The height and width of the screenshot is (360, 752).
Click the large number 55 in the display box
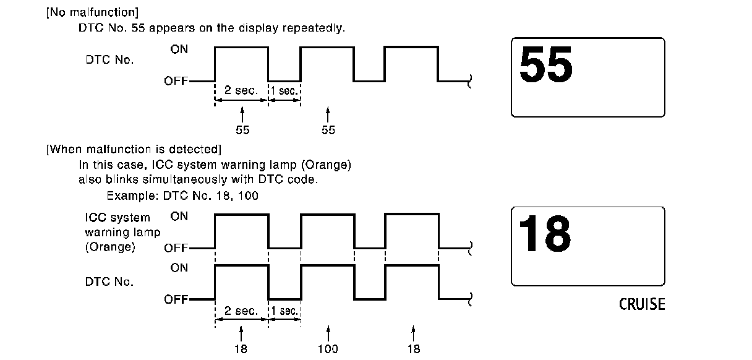[546, 66]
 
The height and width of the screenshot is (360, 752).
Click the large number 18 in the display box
[544, 235]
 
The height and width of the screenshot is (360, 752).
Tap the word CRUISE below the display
[642, 304]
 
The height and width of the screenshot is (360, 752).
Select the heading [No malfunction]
[92, 12]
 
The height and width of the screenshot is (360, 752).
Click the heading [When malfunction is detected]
[134, 149]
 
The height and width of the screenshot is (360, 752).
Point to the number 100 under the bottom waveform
[328, 349]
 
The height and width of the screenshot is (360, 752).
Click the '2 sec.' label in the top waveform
[242, 90]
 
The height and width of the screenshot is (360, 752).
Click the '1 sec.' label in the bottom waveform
[284, 311]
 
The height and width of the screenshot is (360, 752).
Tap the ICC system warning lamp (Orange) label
[122, 233]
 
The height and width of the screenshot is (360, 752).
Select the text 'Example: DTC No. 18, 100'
[182, 195]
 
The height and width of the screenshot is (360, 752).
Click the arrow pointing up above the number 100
[328, 329]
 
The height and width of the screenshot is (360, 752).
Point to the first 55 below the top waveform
[242, 131]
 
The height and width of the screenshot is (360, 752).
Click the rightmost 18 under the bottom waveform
[413, 349]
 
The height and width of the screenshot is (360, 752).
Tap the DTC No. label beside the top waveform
[109, 61]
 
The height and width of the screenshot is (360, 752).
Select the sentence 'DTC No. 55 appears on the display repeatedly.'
[211, 28]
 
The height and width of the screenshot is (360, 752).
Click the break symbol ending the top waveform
[470, 81]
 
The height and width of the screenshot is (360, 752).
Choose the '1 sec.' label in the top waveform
[284, 90]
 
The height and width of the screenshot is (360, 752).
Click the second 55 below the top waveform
[328, 131]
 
